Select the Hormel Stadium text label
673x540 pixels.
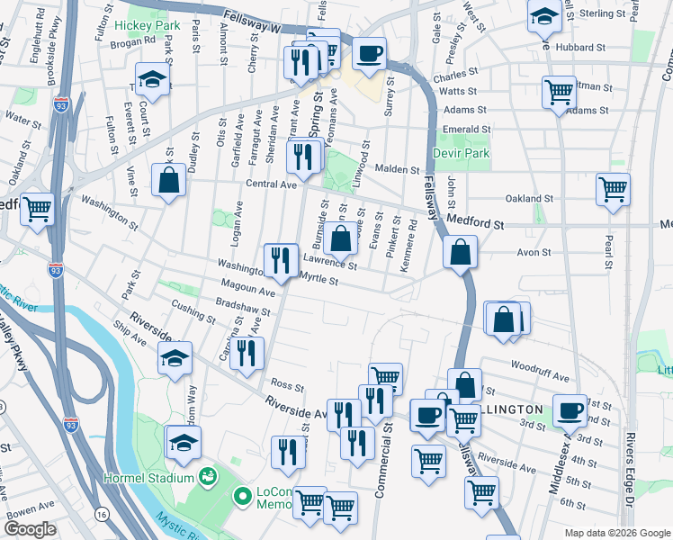[148, 476]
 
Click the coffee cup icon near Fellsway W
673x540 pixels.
[369, 55]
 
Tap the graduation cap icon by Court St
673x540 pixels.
[152, 81]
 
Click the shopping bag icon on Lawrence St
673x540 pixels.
[341, 239]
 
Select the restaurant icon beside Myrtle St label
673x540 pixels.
[281, 261]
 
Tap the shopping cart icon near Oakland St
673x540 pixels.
[613, 190]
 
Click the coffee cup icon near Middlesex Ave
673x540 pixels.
[569, 411]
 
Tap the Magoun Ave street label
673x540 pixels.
[255, 292]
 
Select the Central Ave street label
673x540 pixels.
[271, 184]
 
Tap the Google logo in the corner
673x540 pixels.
[30, 529]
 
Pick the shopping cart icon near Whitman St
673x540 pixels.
[560, 91]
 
